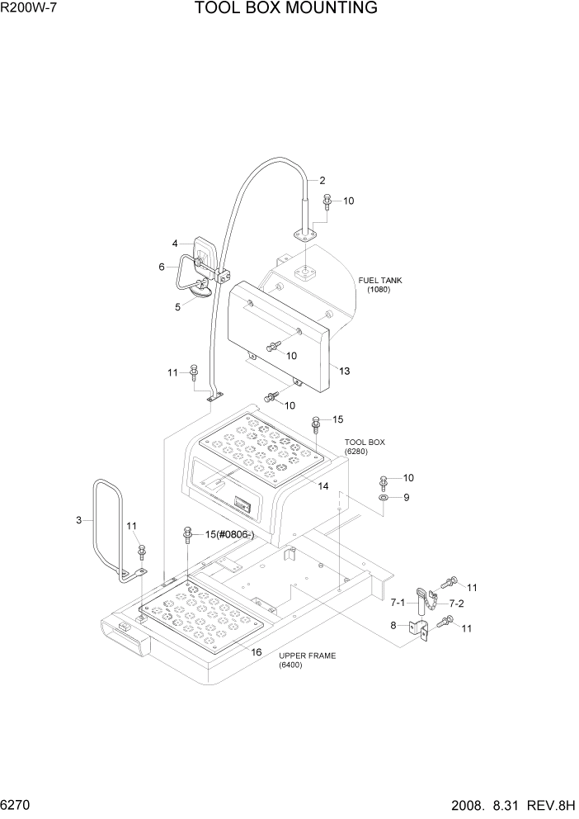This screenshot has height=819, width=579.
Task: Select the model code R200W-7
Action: [30, 9]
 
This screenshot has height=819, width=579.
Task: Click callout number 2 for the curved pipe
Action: [322, 180]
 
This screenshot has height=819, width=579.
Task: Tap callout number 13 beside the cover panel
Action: [344, 372]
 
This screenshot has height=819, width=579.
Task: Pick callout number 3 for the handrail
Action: [79, 520]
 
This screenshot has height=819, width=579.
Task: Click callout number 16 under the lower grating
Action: [257, 652]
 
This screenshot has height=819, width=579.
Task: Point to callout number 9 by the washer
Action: [406, 498]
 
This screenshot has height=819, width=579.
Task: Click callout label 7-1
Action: [399, 602]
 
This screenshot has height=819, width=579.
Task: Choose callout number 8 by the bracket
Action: [394, 625]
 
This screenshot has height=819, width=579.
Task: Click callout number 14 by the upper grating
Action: [323, 486]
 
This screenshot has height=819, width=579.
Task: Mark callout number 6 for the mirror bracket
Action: [162, 266]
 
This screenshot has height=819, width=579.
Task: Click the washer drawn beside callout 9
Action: [384, 498]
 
